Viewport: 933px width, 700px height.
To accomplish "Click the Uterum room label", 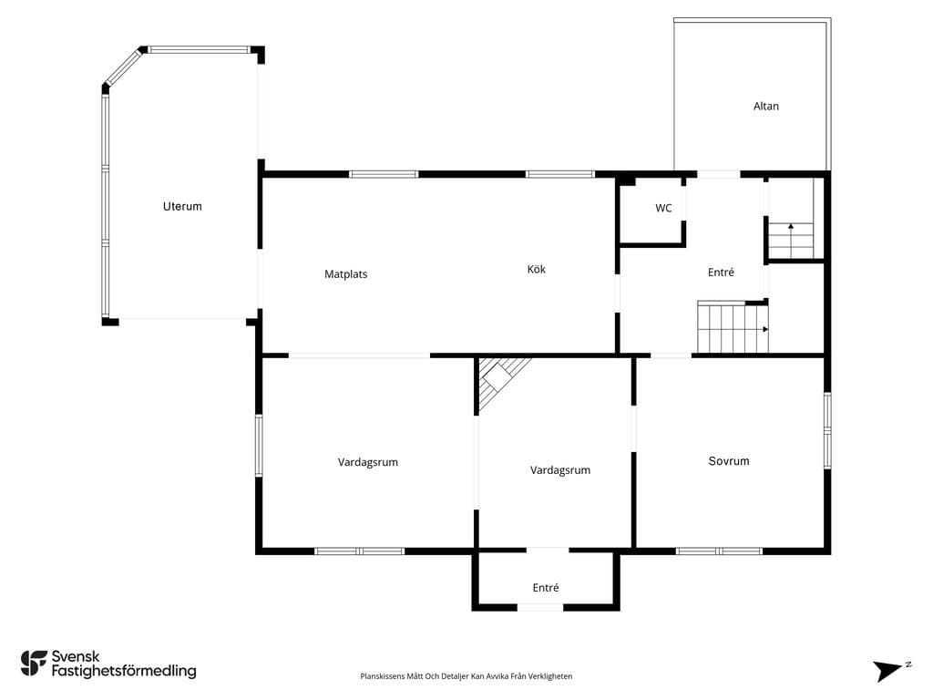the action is (x=182, y=207).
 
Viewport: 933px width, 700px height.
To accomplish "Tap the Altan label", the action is (x=765, y=106).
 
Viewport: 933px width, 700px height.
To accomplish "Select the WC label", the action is (x=663, y=208).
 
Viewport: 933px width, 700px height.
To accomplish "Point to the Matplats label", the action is (x=345, y=274).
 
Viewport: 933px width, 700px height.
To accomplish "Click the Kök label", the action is (x=536, y=269).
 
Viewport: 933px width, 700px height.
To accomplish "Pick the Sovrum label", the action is (x=729, y=460).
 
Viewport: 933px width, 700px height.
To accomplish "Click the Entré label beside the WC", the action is (x=721, y=272).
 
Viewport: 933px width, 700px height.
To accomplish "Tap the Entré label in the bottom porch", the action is (x=546, y=588).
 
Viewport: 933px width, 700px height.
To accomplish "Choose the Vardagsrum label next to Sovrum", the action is (x=560, y=470).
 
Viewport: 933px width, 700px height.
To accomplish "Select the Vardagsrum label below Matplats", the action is (x=368, y=462).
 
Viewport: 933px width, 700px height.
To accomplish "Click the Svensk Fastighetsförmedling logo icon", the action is (x=34, y=664).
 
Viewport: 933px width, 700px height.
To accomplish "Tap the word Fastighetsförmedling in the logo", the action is (x=124, y=671).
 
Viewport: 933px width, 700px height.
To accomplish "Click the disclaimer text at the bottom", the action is (x=466, y=676).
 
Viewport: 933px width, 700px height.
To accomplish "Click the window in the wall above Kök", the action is (x=560, y=174).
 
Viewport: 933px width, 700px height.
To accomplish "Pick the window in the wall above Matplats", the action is (x=384, y=174).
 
